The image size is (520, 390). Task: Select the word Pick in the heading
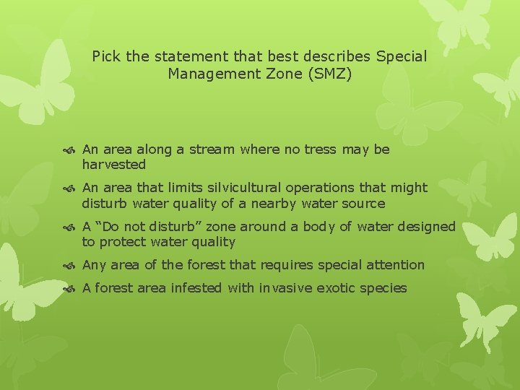(x=106, y=56)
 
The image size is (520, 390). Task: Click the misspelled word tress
(x=319, y=149)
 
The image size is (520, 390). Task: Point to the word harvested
(x=113, y=165)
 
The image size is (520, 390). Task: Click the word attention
(x=394, y=265)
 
